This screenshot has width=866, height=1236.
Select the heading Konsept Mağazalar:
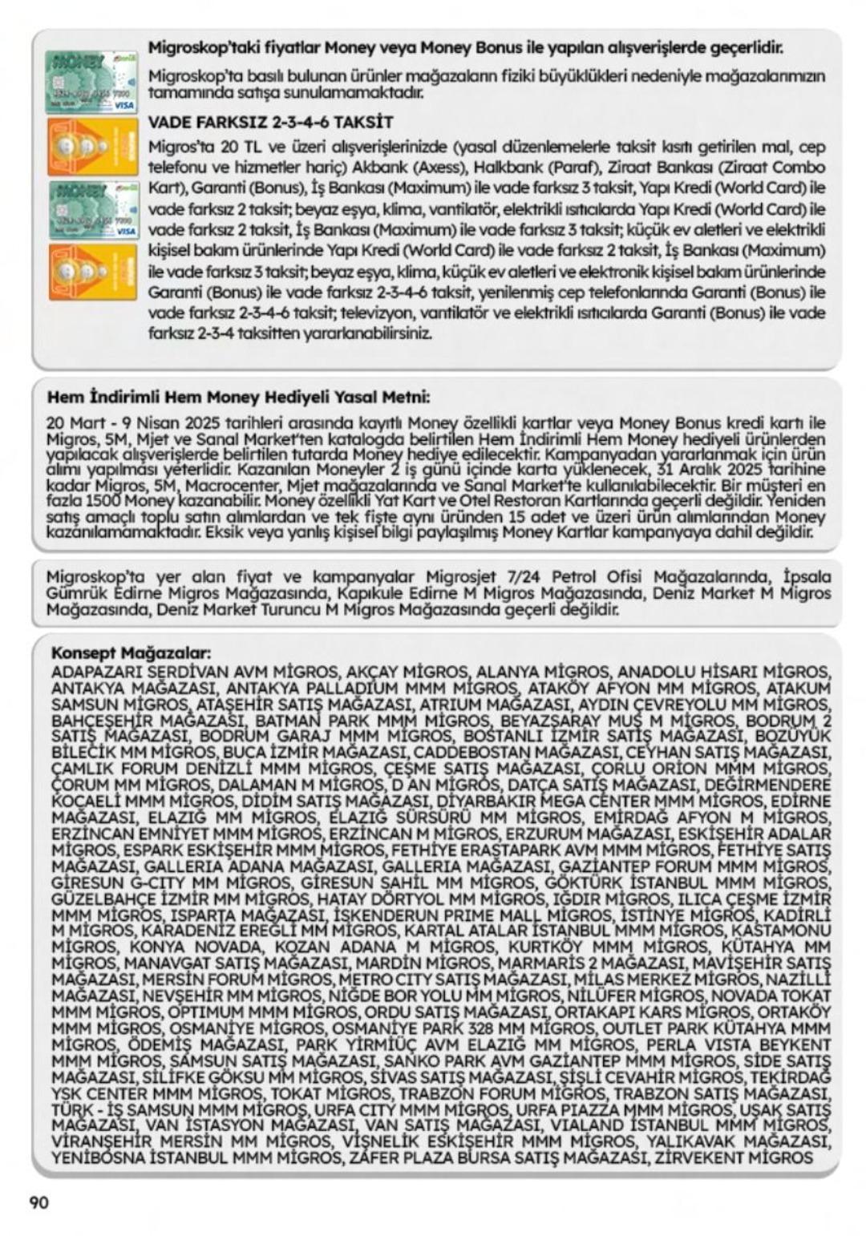pos(131,652)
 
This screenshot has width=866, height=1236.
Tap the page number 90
pos(39,1202)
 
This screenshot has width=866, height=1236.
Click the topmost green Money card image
pos(91,83)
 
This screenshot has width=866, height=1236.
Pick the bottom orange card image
pos(92,273)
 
